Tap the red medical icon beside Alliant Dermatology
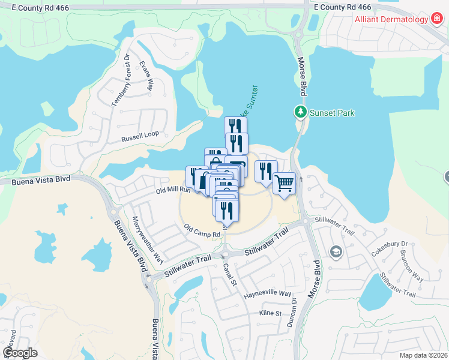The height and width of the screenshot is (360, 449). click(x=438, y=19)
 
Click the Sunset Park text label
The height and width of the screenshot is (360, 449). click(x=332, y=112)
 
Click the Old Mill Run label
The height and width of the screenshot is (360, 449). click(x=173, y=190)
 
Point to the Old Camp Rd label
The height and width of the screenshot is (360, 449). click(x=200, y=230)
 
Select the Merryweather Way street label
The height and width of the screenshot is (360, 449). click(x=148, y=239)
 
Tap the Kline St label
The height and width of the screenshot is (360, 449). click(x=270, y=314)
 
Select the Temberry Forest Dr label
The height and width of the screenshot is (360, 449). click(x=121, y=81)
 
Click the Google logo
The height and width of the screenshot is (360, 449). click(x=20, y=353)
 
